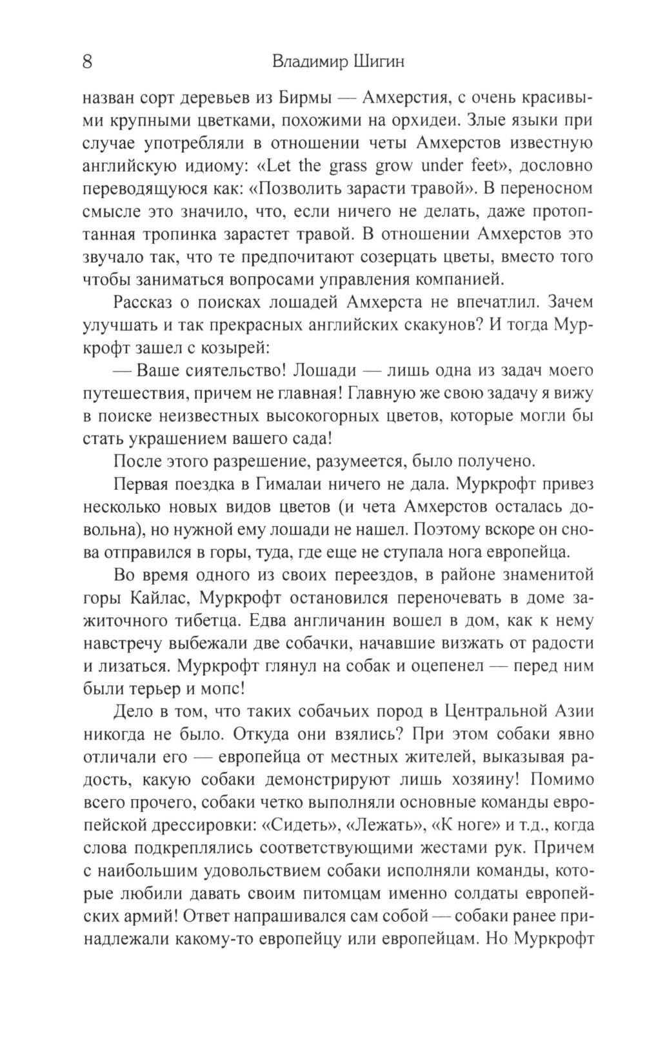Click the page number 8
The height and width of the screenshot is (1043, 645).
[x=88, y=63]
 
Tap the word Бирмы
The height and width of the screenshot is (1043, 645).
[x=306, y=98]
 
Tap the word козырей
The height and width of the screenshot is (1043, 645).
[x=234, y=347]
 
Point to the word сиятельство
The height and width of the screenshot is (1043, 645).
[x=230, y=371]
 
